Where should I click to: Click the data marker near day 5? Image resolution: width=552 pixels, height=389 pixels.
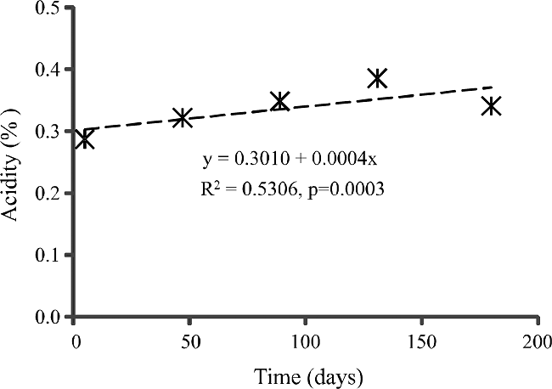[x=85, y=138]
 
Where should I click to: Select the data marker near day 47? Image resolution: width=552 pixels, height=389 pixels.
[x=182, y=118]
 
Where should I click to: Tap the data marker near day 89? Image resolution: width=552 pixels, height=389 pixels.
[x=279, y=101]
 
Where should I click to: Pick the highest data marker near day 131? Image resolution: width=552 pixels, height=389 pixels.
[x=377, y=78]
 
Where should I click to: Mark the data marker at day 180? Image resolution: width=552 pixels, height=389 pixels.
[x=490, y=106]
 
